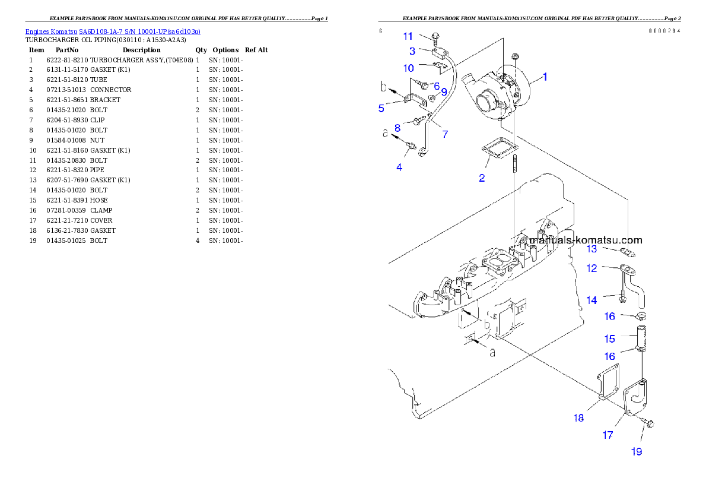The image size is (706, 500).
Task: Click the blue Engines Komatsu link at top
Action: point(113,31)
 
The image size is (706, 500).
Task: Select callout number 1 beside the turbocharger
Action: point(545,77)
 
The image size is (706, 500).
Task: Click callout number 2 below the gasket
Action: point(482,178)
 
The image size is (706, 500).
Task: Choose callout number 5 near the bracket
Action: point(381,108)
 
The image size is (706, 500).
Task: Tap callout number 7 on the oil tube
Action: point(444,134)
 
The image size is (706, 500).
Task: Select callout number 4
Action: point(399,167)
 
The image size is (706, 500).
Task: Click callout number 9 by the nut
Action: point(444,92)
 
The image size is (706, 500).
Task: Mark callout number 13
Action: point(592,248)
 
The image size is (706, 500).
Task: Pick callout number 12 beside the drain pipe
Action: point(591,268)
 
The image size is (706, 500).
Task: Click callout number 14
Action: point(591,300)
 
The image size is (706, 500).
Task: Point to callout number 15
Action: point(609,339)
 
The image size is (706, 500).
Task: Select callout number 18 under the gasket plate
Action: point(578,417)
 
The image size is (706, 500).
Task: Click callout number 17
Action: point(608,435)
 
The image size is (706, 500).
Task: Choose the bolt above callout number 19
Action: point(647,423)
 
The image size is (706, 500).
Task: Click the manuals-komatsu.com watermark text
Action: point(586,240)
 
